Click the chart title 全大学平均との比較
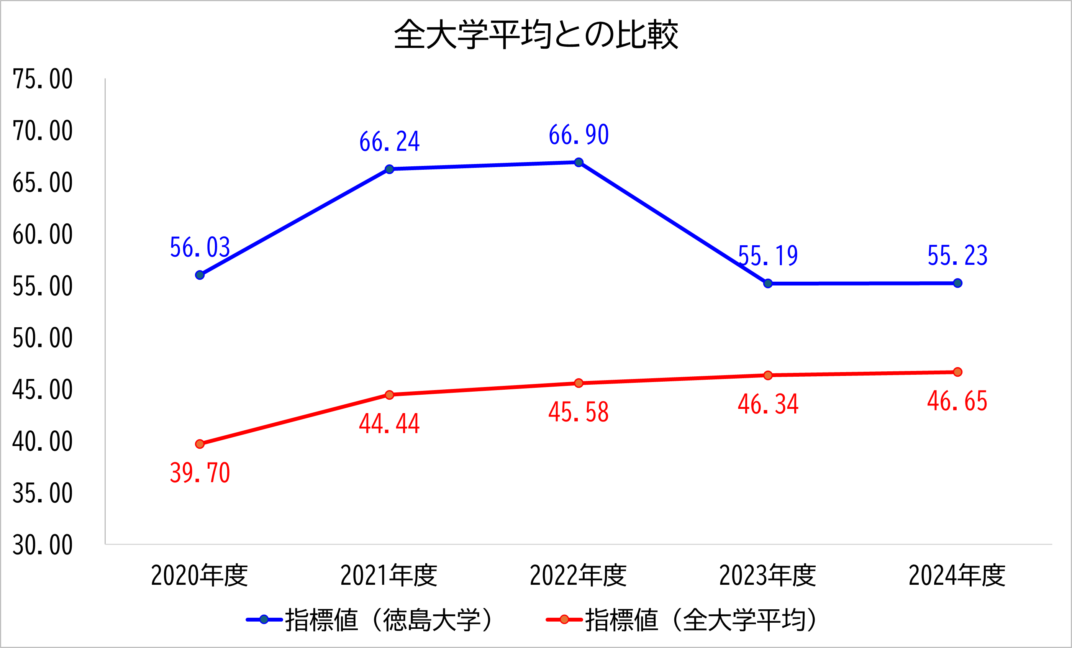point(536,34)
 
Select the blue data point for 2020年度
point(200,275)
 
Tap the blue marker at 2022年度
point(579,162)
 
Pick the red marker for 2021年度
point(389,395)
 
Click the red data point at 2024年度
point(957,372)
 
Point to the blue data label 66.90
point(579,135)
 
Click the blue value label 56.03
point(200,248)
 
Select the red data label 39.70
point(200,472)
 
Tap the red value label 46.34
point(768,404)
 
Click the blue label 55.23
point(957,256)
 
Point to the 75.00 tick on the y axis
point(43,79)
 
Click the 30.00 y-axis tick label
point(43,545)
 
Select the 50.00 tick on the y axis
point(43,338)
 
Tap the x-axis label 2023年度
point(767,575)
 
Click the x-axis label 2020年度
point(200,575)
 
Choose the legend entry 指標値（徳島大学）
point(370,620)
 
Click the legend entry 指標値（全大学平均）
point(683,620)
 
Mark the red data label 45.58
point(579,412)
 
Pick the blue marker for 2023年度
point(768,283)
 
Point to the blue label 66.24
point(389,142)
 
